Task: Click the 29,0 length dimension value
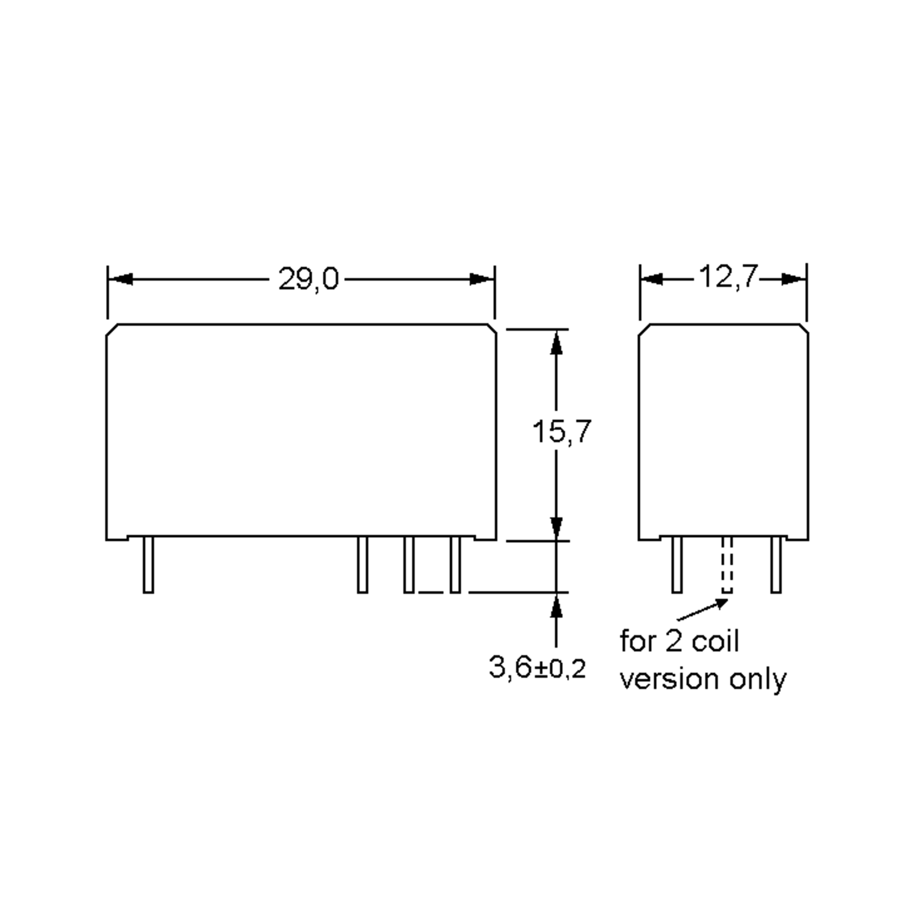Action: pos(308,279)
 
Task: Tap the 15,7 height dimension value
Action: pos(562,432)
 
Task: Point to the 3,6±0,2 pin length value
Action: pos(537,667)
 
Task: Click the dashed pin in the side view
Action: pos(727,565)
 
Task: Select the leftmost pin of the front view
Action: pos(148,565)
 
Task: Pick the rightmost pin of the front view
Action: pos(455,565)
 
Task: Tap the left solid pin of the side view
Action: pos(677,565)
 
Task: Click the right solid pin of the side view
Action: pos(776,565)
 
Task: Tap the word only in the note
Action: pos(758,680)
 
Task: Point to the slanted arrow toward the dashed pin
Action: pos(703,610)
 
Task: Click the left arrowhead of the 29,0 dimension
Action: pos(121,279)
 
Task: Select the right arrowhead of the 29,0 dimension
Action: pos(481,279)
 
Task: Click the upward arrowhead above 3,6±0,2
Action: pos(556,606)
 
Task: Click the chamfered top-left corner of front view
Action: pos(112,330)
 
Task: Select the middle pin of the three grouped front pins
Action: pos(408,565)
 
